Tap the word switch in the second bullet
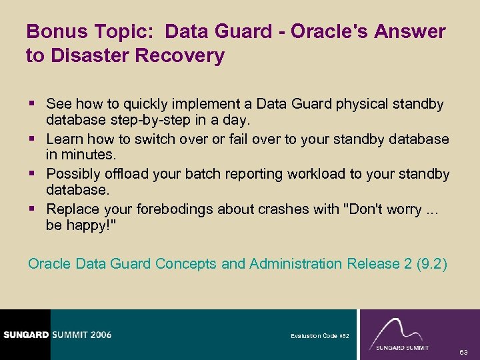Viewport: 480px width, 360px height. point(160,139)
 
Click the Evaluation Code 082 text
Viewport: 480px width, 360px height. point(319,336)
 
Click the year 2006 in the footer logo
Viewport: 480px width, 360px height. point(97,335)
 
